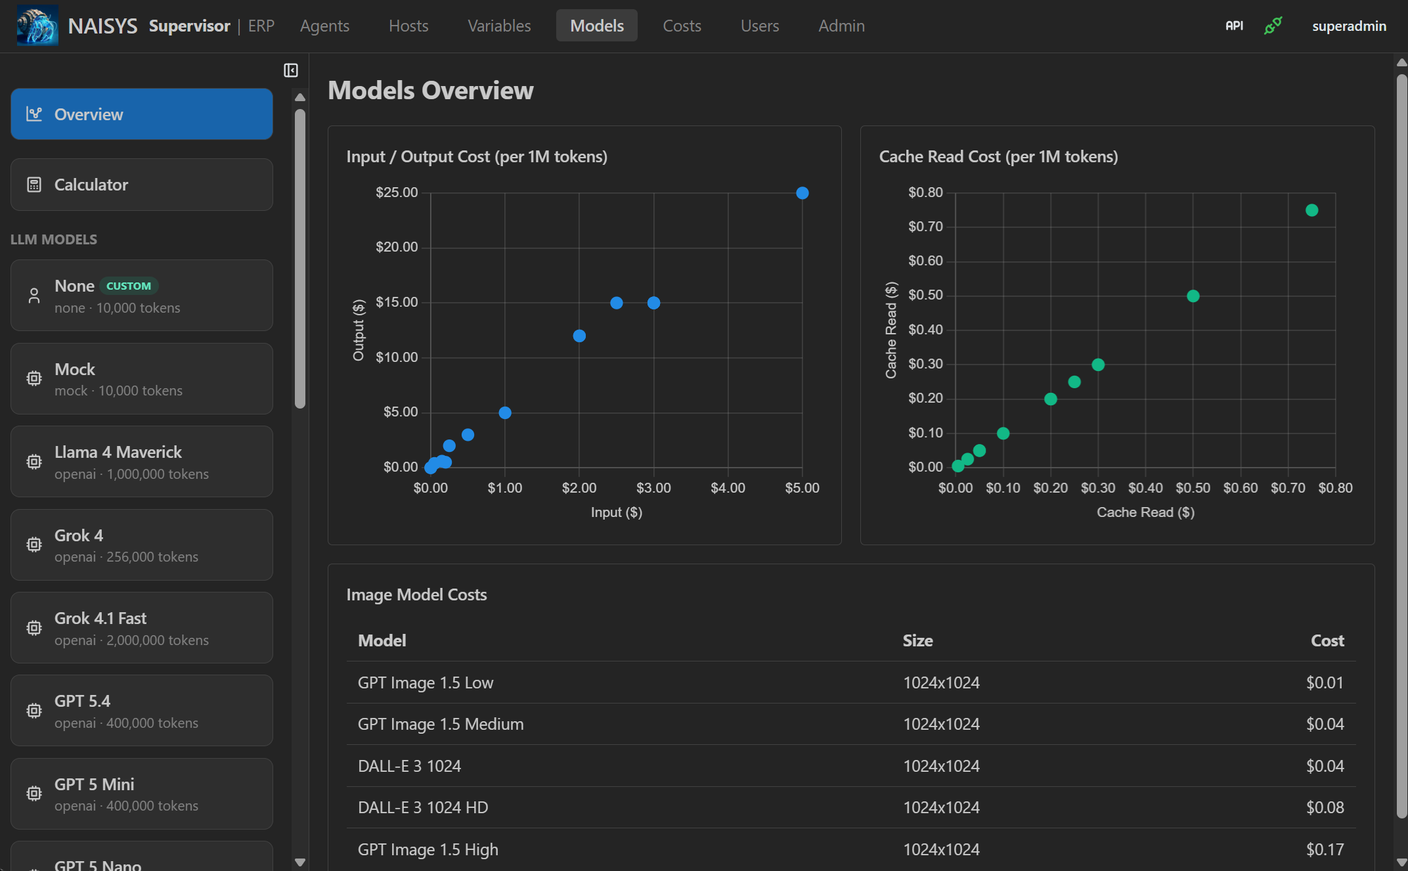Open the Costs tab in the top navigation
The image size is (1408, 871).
682,26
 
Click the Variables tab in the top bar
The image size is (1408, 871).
498,26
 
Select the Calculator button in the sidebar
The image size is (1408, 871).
141,185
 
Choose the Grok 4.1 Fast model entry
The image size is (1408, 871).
141,628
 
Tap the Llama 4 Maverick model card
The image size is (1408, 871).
141,462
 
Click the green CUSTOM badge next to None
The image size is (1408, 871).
129,286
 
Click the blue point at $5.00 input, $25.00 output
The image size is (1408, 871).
802,193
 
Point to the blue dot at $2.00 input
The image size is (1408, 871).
579,336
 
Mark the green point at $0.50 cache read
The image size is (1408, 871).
1193,296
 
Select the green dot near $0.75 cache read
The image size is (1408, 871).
1311,210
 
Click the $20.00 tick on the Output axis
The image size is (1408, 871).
396,247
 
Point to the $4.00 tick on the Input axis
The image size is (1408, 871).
728,488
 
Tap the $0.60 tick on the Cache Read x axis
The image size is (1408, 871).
1240,488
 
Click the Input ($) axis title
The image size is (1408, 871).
616,512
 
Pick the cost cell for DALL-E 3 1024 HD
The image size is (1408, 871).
1325,807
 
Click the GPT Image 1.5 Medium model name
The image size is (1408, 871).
441,724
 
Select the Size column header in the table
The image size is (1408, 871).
917,640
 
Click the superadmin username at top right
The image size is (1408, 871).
1349,26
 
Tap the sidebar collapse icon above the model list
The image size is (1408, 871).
291,70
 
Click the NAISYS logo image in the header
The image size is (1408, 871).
37,26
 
